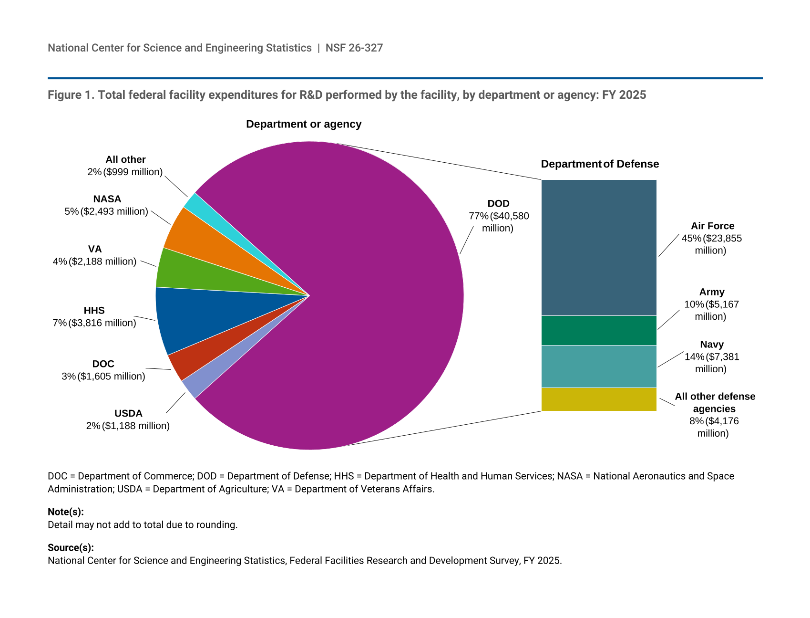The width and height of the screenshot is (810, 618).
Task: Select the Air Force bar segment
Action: tap(599, 248)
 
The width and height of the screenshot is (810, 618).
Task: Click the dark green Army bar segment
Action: tap(599, 330)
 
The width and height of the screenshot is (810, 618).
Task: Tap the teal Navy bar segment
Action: tap(599, 366)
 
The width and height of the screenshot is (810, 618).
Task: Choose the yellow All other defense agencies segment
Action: tap(599, 399)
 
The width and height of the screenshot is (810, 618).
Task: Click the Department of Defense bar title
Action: tap(600, 164)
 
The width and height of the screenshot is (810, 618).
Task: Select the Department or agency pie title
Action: tap(304, 124)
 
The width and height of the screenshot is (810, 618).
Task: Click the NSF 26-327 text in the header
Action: tap(354, 48)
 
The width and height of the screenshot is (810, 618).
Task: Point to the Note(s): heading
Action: tap(66, 512)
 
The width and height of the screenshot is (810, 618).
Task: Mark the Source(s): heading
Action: tap(71, 548)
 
